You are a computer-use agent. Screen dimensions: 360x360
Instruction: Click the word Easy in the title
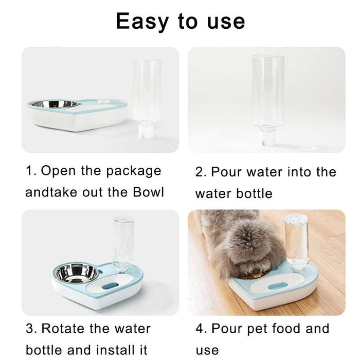tap(142, 21)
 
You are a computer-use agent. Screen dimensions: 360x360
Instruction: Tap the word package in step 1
tap(134, 171)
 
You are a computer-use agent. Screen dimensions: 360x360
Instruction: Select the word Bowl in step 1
tap(148, 192)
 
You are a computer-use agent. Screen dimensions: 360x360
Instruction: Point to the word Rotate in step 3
tap(63, 328)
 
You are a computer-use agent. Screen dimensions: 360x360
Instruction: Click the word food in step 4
tap(285, 328)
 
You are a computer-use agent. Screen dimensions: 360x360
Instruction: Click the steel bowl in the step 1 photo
tap(55, 104)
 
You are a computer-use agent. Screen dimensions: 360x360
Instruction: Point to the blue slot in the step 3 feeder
tap(110, 286)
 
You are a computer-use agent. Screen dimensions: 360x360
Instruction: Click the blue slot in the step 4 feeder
tap(278, 286)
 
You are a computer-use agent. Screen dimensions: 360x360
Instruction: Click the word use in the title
tap(226, 22)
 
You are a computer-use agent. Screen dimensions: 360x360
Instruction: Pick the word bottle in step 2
tap(254, 193)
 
